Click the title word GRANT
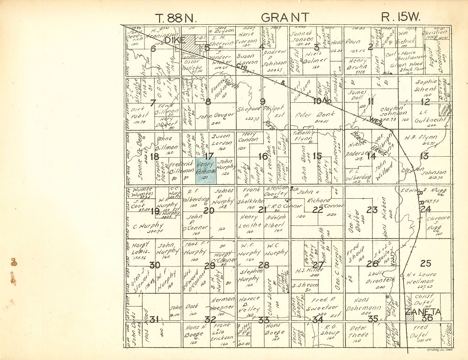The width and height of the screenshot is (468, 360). pyautogui.click(x=285, y=18)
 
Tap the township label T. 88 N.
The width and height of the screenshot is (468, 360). pyautogui.click(x=175, y=18)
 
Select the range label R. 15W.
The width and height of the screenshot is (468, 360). pyautogui.click(x=400, y=18)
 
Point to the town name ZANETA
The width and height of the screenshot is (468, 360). pyautogui.click(x=423, y=312)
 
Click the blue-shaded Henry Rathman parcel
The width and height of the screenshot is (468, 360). pyautogui.click(x=206, y=171)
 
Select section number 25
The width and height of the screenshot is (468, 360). pyautogui.click(x=425, y=263)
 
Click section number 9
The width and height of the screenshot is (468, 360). pyautogui.click(x=262, y=101)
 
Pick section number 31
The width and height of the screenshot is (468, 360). pyautogui.click(x=154, y=319)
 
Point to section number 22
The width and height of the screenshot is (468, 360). pyautogui.click(x=318, y=210)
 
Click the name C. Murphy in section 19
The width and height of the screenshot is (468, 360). pyautogui.click(x=148, y=226)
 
